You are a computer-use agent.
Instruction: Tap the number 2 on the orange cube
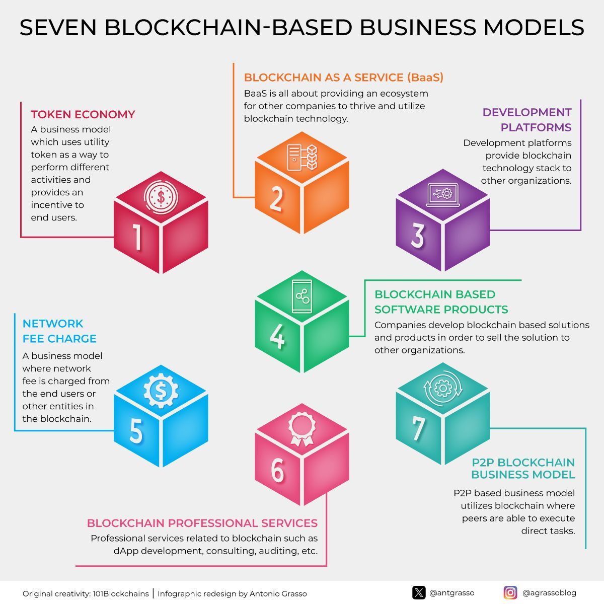click(x=276, y=198)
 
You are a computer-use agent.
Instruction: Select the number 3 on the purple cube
click(x=418, y=236)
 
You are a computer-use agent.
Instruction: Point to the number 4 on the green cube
click(x=277, y=336)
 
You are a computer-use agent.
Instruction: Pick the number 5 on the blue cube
click(x=136, y=431)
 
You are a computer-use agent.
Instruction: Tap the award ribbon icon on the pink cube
click(x=301, y=429)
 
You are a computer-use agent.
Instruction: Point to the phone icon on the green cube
click(x=302, y=296)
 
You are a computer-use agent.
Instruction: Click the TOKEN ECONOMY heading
click(x=83, y=115)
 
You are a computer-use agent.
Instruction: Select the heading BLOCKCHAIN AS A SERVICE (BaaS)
click(x=343, y=78)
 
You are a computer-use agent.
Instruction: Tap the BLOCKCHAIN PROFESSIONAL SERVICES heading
click(x=202, y=523)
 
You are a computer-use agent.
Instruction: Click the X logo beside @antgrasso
click(x=419, y=593)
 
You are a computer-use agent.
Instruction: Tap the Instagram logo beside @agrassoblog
click(x=510, y=593)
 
